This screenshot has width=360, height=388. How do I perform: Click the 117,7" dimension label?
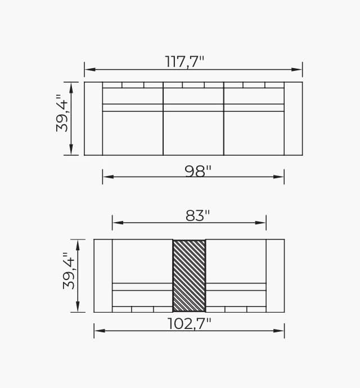pos(184,61)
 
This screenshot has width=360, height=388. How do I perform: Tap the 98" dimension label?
pos(198,171)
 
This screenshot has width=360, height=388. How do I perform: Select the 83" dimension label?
pos(197,216)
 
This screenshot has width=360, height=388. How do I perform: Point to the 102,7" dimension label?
pos(189,324)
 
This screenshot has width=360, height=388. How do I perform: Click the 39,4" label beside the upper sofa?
pos(62,116)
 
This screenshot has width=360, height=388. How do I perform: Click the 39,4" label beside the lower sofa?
pos(69,271)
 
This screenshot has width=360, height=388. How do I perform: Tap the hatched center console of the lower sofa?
pos(189,276)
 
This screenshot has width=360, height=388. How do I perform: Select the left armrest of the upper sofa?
pos(93,119)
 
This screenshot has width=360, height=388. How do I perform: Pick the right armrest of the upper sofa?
pos(293,119)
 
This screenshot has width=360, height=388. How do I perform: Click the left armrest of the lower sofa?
pos(103,276)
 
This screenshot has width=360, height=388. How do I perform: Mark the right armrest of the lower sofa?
pos(275,276)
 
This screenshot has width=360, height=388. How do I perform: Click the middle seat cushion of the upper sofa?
pos(193,133)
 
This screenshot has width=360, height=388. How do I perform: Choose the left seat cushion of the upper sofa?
pos(133,133)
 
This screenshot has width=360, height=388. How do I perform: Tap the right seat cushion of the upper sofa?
pos(254,133)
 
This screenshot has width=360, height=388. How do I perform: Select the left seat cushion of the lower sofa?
pos(142,260)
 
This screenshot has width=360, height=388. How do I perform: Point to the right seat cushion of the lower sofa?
pos(236,260)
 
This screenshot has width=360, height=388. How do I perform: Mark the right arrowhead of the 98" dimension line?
pos(280,177)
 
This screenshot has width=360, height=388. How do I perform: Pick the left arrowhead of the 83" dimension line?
pos(116,223)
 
